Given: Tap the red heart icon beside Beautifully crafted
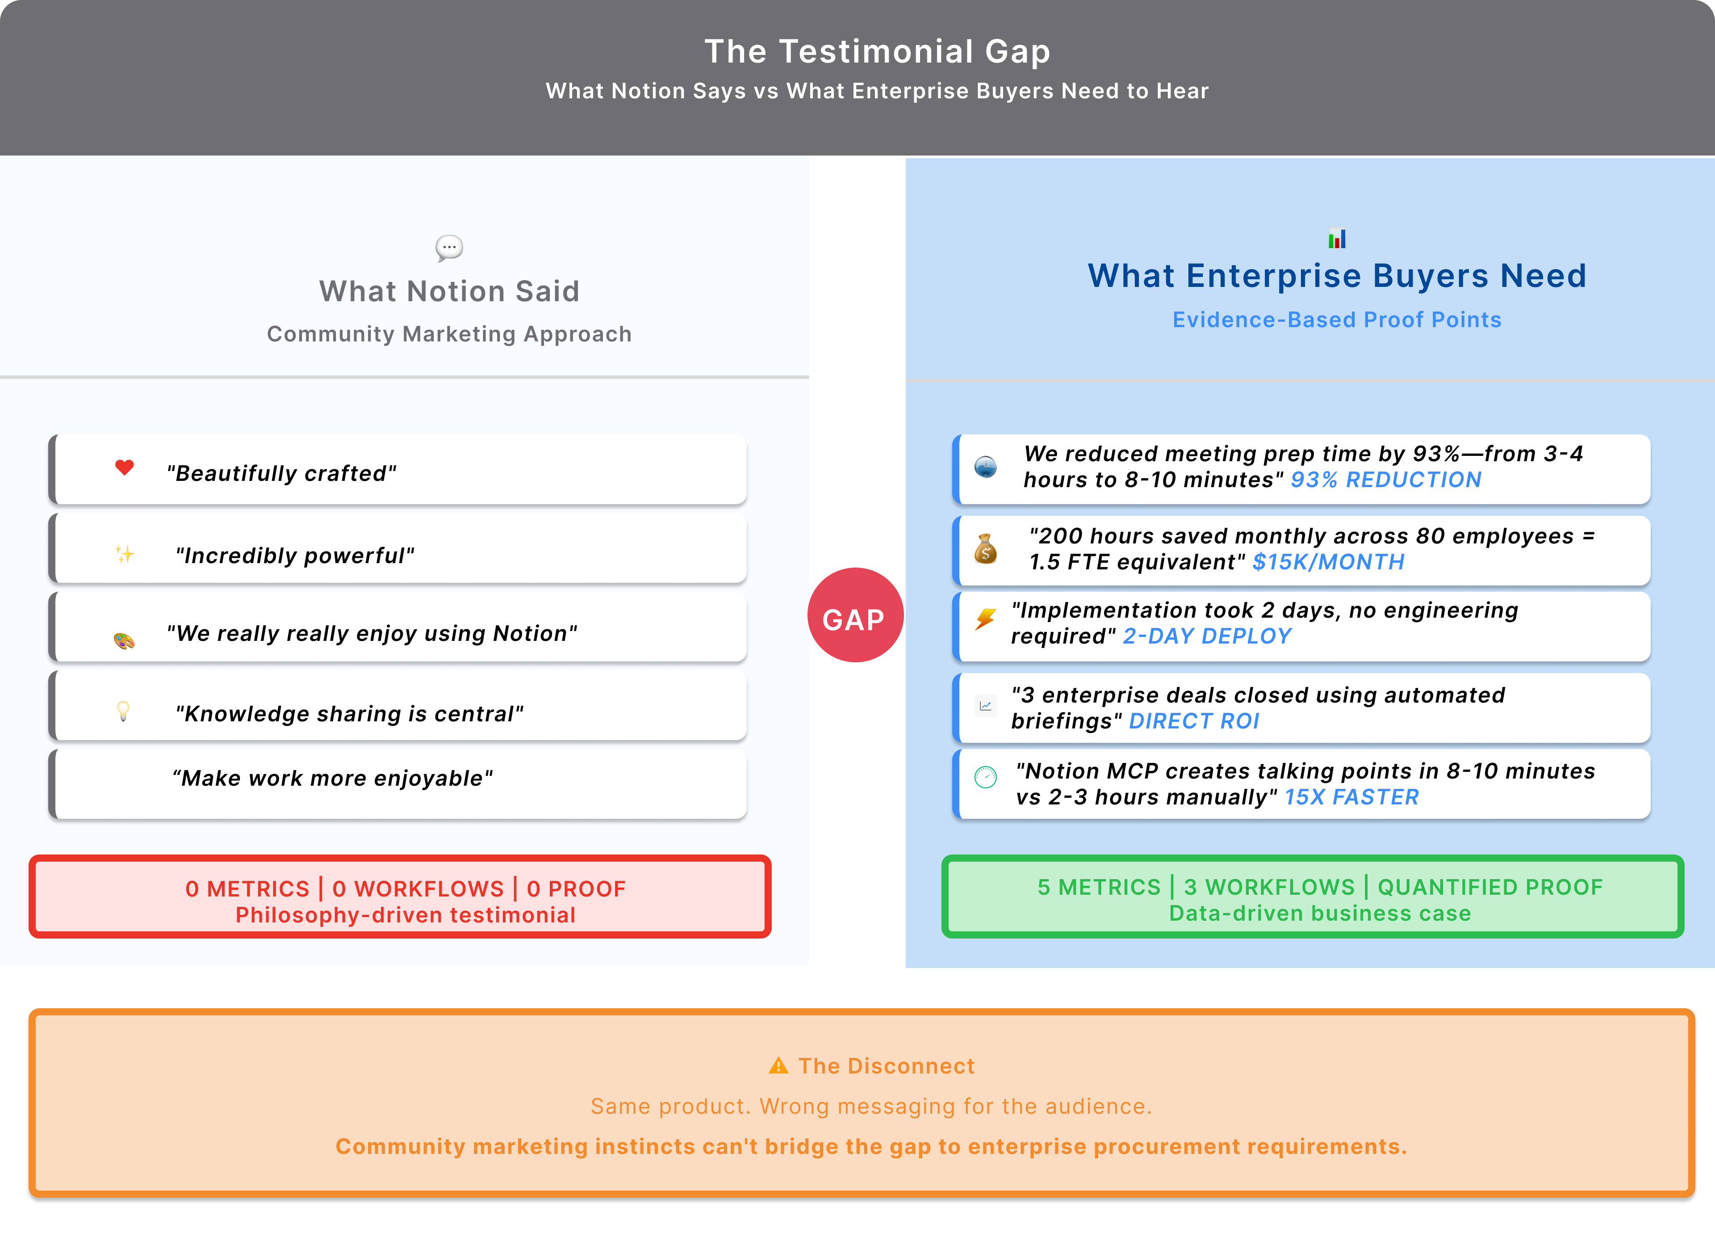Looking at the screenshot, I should click(125, 467).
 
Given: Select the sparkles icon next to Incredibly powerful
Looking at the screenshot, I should click(125, 555).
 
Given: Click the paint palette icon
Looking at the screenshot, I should click(124, 641).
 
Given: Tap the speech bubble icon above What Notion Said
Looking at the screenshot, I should click(449, 248).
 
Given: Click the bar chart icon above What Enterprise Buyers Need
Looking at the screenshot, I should click(1336, 239).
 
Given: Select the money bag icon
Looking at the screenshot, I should click(985, 549).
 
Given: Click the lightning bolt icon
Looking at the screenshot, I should click(985, 619).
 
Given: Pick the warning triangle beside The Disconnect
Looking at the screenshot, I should click(778, 1066).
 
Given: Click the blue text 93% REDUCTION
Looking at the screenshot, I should click(1385, 480).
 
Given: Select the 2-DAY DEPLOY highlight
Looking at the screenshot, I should click(1207, 636).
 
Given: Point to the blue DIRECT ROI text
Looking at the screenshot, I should click(1193, 721).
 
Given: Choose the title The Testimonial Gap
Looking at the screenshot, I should click(877, 51).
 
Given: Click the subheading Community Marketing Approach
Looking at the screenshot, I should click(449, 334).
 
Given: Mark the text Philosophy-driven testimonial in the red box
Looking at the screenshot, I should click(406, 915).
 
